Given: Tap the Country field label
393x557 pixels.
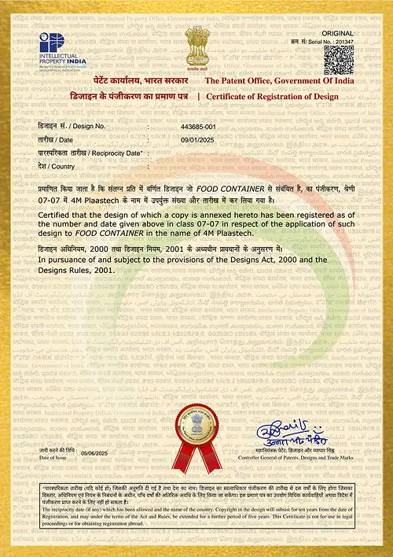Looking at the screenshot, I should (x=56, y=167).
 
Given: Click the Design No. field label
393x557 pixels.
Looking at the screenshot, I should (x=72, y=127).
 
